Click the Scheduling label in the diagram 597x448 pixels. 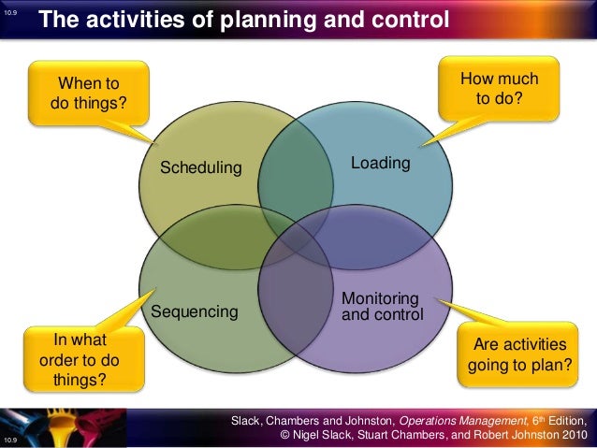200,168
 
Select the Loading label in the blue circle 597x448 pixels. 380,164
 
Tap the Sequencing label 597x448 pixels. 195,311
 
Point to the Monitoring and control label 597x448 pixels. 382,307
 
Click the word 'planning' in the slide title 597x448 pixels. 250,20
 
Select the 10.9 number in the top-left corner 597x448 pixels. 11,12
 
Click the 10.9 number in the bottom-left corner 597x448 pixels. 11,438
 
